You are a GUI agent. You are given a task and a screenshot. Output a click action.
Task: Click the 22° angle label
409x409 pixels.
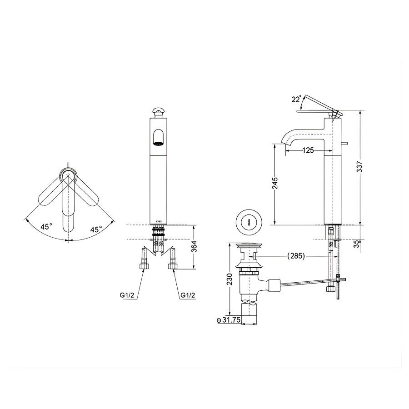[296, 100]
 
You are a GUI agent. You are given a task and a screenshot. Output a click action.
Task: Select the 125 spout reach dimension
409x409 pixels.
[308, 151]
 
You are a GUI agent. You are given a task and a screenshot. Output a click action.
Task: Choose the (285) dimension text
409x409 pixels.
[296, 256]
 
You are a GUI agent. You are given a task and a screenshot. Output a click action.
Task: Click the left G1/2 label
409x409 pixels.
[127, 295]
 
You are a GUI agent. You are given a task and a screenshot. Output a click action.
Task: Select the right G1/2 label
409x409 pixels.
[188, 295]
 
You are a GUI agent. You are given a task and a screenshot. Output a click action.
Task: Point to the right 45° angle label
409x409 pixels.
[95, 229]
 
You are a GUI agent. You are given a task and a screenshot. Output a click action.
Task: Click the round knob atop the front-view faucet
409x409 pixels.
[158, 110]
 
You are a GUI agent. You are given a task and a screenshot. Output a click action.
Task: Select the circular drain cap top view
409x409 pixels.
[248, 221]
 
